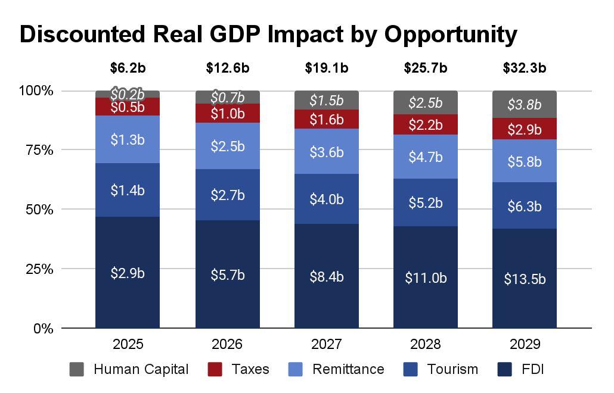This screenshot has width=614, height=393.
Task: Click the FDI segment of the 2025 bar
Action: tap(128, 273)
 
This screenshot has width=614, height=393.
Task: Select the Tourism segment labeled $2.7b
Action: tap(227, 195)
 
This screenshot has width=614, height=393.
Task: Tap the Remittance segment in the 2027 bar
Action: tap(326, 152)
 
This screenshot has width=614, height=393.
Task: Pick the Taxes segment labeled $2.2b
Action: tap(426, 125)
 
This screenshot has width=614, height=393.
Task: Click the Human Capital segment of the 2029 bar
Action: tap(525, 105)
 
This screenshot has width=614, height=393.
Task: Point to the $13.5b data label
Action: tap(525, 279)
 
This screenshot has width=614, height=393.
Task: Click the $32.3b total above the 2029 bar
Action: tap(525, 68)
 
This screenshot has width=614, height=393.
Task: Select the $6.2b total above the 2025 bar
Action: tap(128, 68)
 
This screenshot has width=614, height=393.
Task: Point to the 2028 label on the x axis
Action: tap(426, 345)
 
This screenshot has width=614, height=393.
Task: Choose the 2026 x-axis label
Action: tap(227, 345)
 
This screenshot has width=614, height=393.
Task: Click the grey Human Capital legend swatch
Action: tap(77, 369)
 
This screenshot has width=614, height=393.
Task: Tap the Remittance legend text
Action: tap(348, 369)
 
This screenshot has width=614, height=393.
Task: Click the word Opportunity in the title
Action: tap(450, 35)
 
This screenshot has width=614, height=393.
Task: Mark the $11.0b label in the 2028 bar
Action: tap(426, 277)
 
